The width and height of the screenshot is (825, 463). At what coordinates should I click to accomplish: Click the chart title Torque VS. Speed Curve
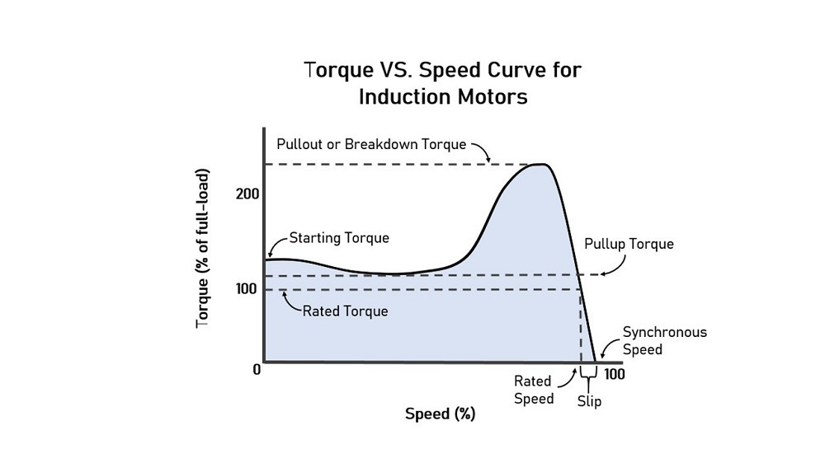(443, 70)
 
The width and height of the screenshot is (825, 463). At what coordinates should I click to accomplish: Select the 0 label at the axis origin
(257, 369)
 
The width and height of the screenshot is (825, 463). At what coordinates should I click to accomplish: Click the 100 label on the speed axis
(614, 374)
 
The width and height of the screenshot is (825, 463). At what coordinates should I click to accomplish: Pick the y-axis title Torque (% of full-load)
(203, 248)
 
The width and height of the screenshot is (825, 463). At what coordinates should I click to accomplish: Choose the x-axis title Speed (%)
(440, 414)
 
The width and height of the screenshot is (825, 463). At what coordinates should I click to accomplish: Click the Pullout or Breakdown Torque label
(371, 143)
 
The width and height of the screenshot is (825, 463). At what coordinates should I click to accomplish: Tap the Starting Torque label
(339, 238)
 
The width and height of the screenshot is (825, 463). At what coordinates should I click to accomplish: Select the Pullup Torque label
(629, 244)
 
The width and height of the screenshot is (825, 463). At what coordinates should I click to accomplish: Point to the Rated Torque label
(345, 311)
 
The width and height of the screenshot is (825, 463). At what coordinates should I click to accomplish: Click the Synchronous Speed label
(664, 340)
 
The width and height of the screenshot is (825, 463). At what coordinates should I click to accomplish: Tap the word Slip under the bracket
(589, 401)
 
